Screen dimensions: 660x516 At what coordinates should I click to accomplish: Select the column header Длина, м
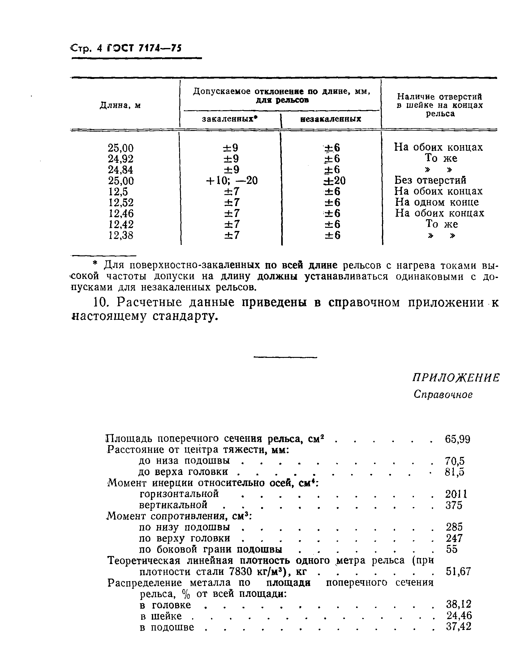coord(120,106)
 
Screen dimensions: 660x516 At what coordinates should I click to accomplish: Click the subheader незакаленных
coord(331,119)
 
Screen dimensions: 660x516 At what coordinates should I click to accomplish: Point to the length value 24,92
coord(121,159)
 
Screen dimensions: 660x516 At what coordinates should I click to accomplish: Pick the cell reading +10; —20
coord(232,180)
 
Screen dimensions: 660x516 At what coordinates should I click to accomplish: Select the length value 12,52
coord(121,202)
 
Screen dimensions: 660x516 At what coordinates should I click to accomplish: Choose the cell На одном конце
coord(437,202)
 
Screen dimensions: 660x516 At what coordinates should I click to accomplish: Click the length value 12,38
coord(121,235)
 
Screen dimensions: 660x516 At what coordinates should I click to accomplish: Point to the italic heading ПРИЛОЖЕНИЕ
coord(456,378)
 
